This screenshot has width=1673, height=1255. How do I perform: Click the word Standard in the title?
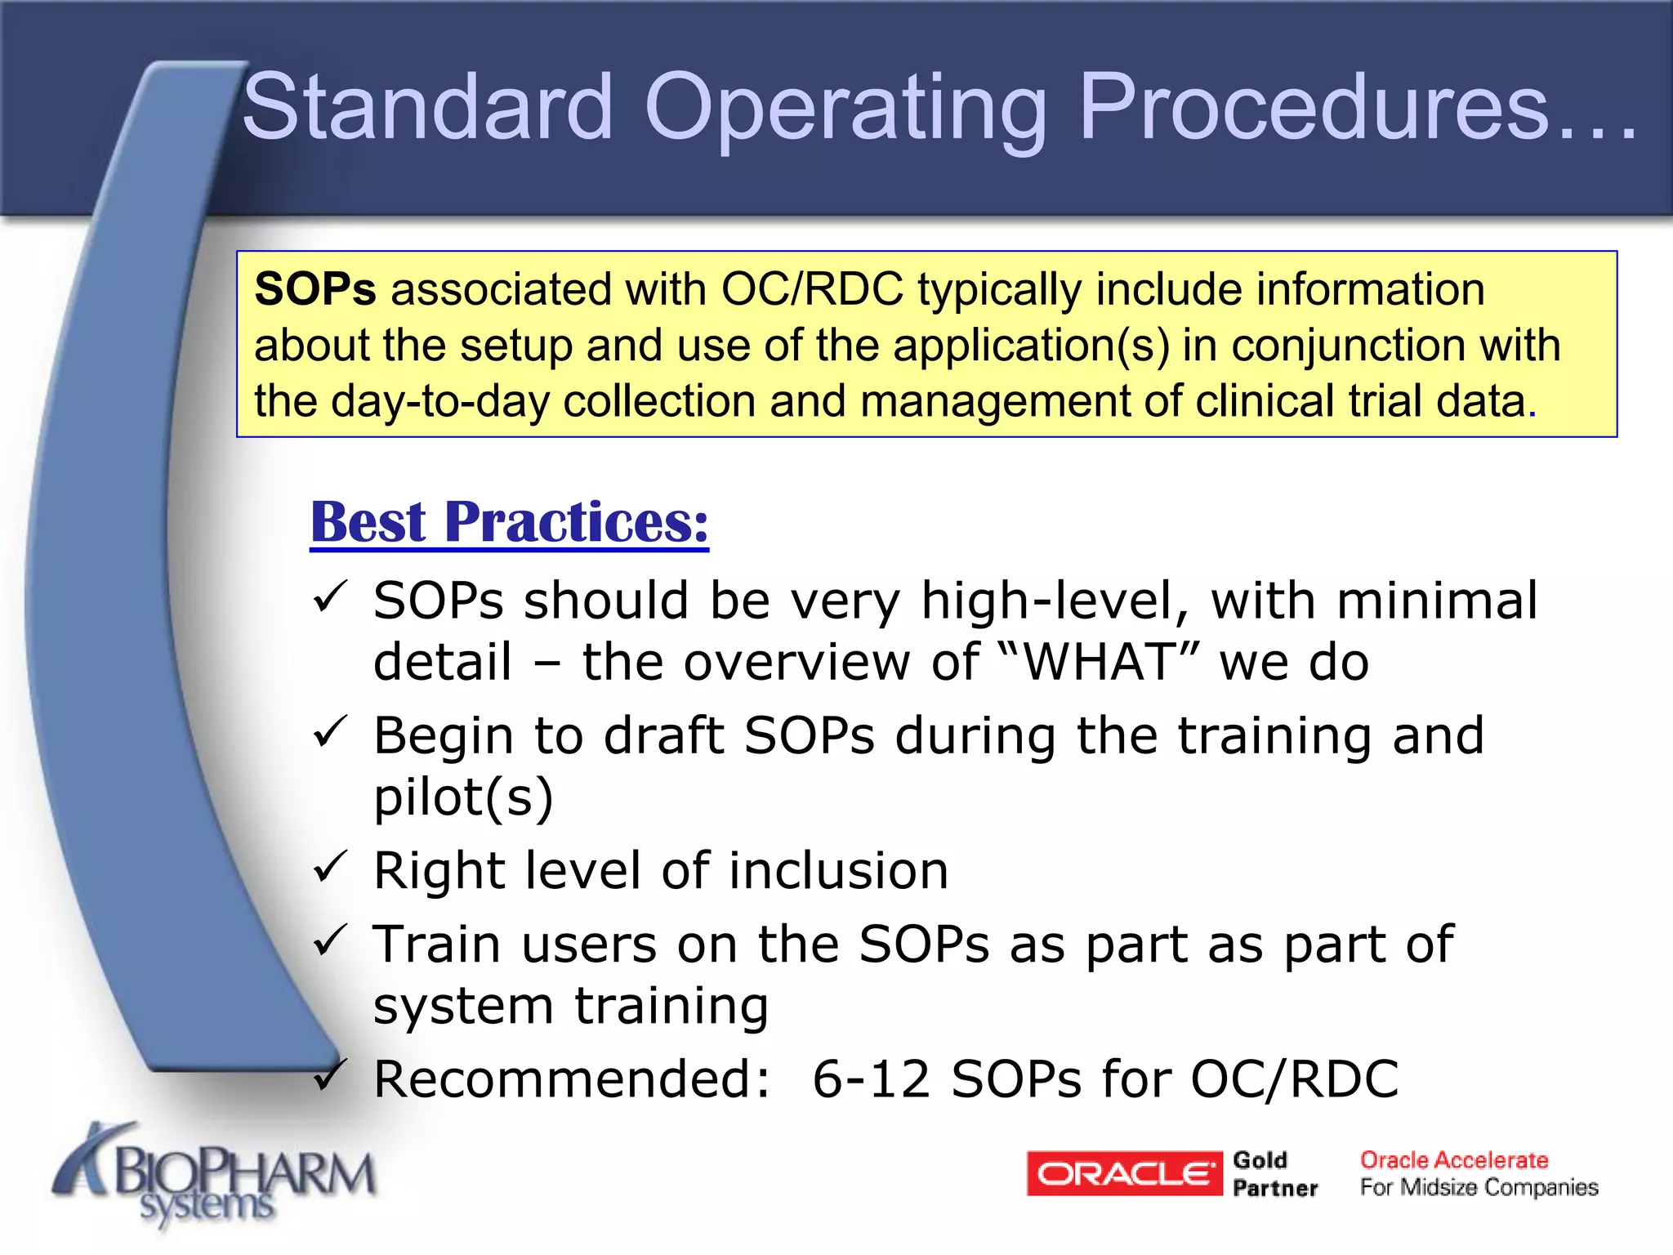(x=427, y=107)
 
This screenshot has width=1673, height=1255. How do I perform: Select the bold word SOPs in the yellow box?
(x=315, y=289)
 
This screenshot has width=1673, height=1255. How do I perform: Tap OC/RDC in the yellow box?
(x=812, y=289)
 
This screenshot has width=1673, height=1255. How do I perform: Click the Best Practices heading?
(x=509, y=522)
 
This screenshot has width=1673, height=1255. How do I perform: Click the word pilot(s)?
(x=463, y=797)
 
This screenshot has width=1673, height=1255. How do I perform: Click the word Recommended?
(x=571, y=1079)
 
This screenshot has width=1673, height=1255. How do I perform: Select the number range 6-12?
(x=871, y=1079)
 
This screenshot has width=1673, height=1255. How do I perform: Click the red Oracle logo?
(x=1123, y=1173)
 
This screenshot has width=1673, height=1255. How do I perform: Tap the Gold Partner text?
(x=1274, y=1174)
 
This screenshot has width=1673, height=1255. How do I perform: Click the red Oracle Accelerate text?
(x=1453, y=1160)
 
